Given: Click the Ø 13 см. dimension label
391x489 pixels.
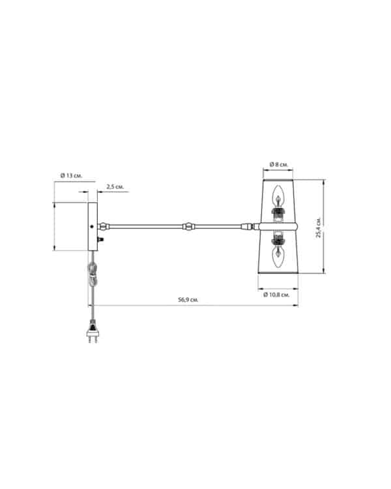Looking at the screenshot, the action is pos(72,175).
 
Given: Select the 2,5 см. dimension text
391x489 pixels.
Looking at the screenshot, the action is pos(115,187).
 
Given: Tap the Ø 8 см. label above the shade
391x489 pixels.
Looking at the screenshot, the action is pos(279,164).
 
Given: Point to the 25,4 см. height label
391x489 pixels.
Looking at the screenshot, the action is pos(319,227).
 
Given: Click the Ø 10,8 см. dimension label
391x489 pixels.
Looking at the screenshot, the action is pos(276,295).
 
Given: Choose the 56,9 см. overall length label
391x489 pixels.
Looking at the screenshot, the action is pos(188,300).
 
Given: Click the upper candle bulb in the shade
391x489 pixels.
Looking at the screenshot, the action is pos(278,196).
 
